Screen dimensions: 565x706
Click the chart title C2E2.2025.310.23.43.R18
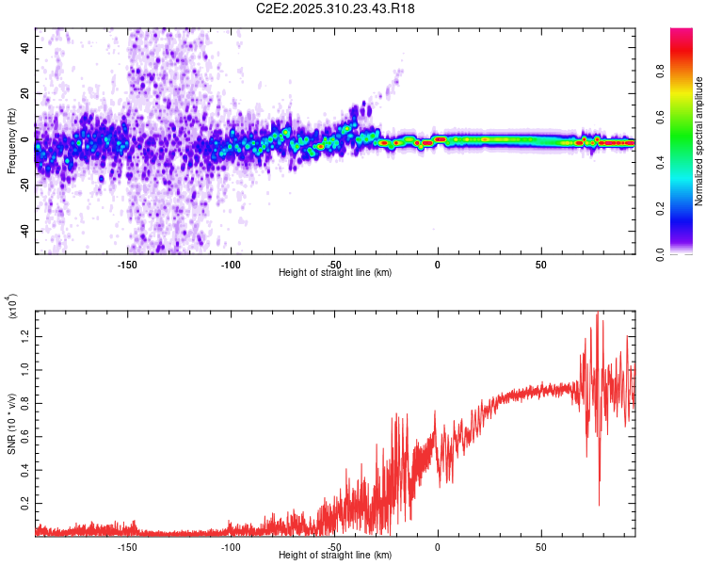tap(335, 8)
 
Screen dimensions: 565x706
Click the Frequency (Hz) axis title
tap(11, 142)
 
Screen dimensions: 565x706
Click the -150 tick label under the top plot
tap(128, 265)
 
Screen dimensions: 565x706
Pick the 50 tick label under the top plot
tap(540, 265)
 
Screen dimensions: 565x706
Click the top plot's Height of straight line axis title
tap(335, 273)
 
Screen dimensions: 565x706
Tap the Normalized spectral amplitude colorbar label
tap(699, 142)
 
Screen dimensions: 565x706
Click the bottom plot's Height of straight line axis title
tap(335, 556)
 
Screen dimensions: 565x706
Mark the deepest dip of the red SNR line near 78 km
tap(599, 505)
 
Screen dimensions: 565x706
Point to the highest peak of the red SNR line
tap(597, 314)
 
